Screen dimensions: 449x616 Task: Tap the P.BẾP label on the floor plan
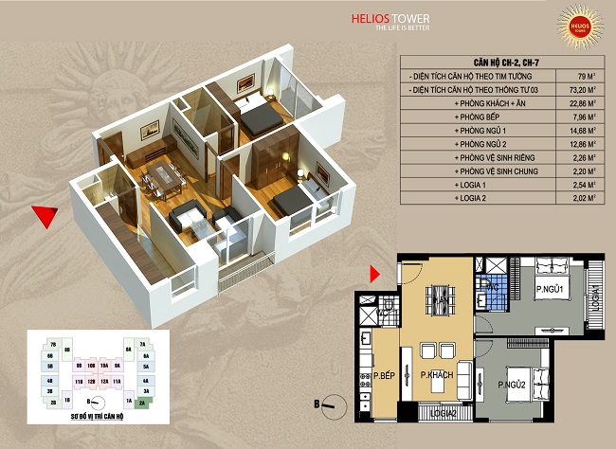[x=384, y=376]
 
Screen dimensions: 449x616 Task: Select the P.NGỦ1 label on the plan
[x=550, y=289]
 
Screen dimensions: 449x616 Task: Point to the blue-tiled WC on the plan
[x=493, y=294]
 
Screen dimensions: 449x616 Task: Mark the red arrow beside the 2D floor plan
[x=374, y=274]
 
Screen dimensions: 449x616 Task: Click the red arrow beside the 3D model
[x=40, y=217]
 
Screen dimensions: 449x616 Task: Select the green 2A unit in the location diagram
[x=143, y=403]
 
